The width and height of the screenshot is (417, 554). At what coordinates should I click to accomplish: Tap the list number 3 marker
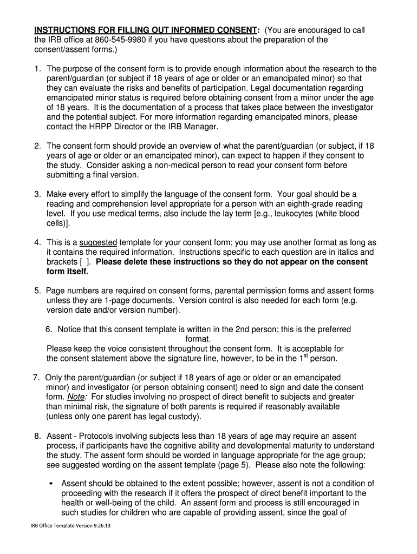tap(38, 194)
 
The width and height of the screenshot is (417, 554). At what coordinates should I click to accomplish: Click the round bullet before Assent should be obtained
tap(50, 484)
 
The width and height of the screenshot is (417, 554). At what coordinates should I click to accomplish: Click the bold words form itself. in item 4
tap(68, 272)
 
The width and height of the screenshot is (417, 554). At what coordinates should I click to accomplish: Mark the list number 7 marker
tap(37, 377)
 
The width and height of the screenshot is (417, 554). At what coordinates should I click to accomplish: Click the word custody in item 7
tap(184, 417)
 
